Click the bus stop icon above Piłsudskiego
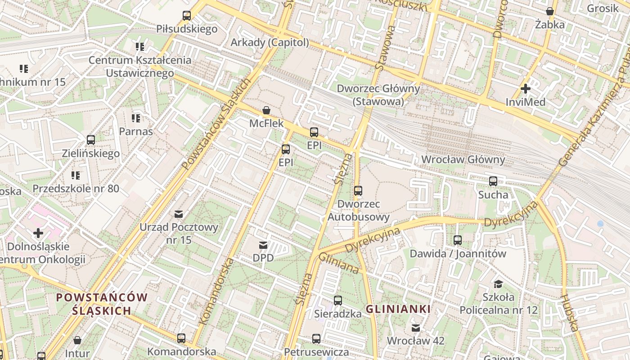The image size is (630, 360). pos(186,16)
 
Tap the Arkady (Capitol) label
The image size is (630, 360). pos(270,42)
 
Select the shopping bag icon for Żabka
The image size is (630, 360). pos(549,11)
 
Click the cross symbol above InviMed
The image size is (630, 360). pos(525,89)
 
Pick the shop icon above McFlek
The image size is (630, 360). pos(266,110)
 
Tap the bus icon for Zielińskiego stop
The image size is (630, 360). pos(91,140)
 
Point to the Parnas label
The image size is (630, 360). pos(136,131)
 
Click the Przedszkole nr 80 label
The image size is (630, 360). pos(76,188)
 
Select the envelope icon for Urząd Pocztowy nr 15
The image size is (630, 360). pos(179,214)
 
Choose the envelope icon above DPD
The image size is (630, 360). pos(263,245)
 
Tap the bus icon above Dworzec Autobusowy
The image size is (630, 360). pos(358,191)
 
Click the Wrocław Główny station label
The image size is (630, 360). pos(463,159)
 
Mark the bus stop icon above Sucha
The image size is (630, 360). pos(493,181)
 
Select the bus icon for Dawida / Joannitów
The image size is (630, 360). pos(458,240)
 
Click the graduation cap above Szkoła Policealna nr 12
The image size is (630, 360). pos(498,284)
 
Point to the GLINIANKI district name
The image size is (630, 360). pos(398,309)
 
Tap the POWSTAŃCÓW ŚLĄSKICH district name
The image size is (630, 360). pos(102,304)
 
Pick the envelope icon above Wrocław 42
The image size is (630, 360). pos(416,328)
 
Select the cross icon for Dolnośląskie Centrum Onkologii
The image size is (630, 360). pos(38,233)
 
